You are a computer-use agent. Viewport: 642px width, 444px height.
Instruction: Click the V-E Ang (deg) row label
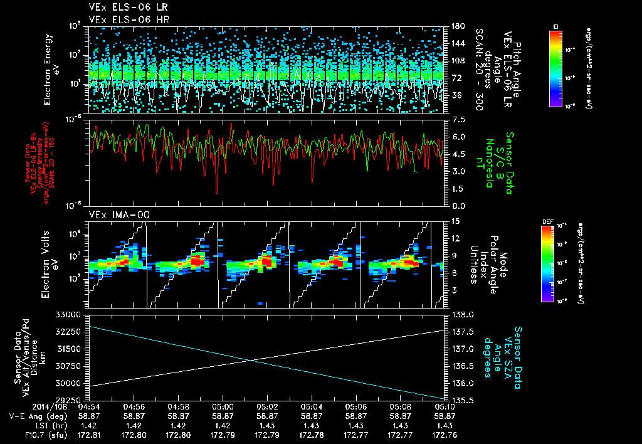pyautogui.click(x=34, y=416)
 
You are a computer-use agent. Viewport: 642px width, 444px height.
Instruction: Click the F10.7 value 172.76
pyautogui.click(x=445, y=434)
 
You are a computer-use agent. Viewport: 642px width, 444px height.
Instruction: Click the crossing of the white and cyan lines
pyautogui.click(x=251, y=359)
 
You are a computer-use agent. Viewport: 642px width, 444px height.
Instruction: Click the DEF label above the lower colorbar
pyautogui.click(x=547, y=221)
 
